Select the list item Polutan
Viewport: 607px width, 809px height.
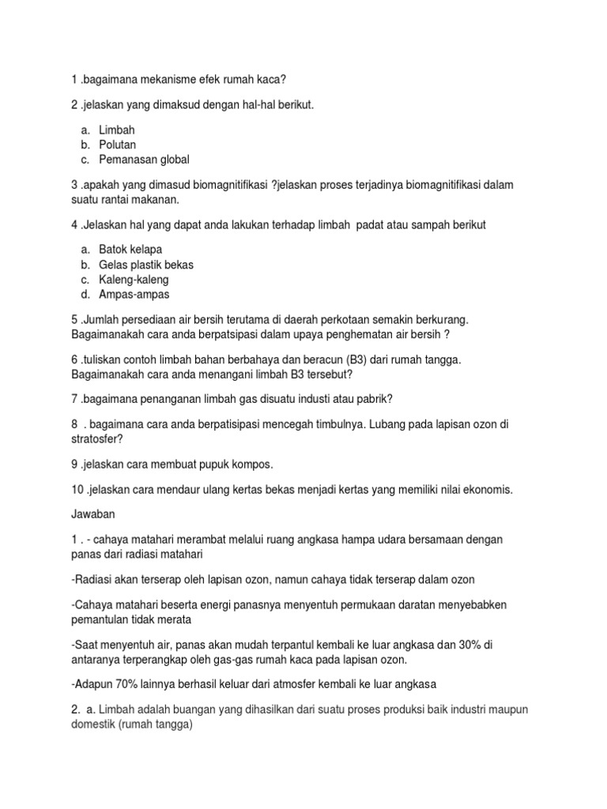coord(118,145)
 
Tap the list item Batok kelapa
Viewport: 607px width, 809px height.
coord(130,250)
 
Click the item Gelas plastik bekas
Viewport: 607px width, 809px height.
coord(146,265)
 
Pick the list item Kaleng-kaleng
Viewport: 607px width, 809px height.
coord(134,280)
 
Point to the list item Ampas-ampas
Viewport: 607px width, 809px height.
coord(134,295)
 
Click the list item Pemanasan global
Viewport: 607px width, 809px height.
coord(144,160)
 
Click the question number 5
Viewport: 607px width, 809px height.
coord(74,319)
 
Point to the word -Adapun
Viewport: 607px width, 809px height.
coord(93,683)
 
